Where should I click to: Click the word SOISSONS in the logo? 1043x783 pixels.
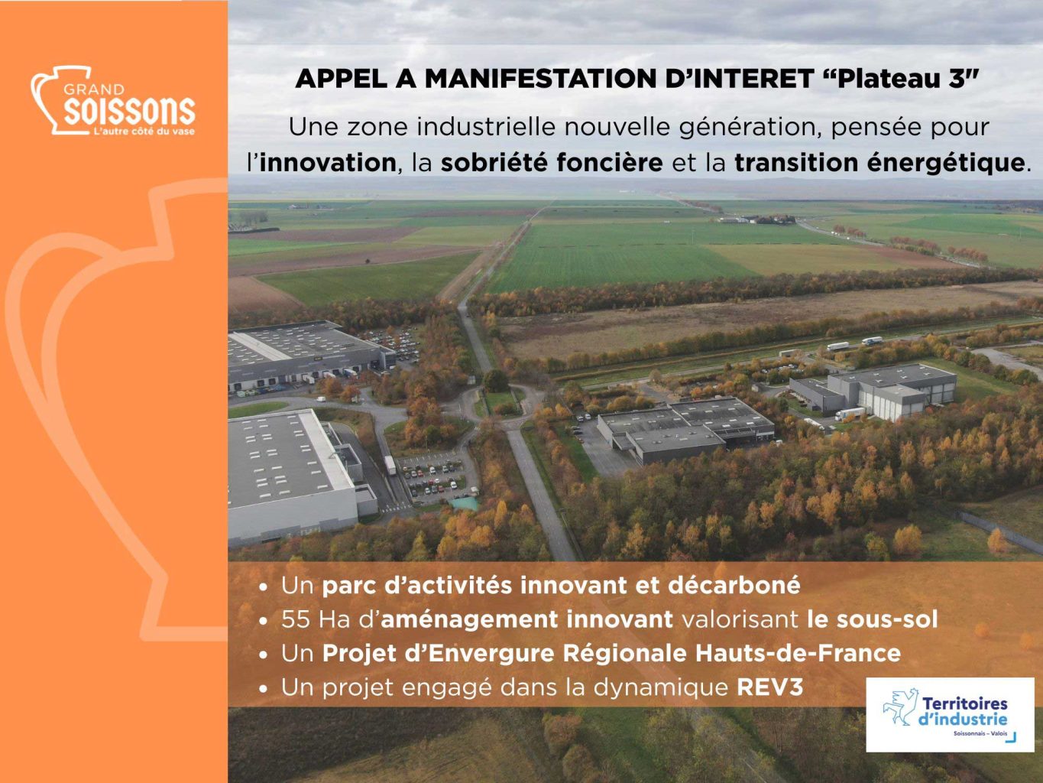(129, 111)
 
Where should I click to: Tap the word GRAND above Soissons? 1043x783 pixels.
(94, 89)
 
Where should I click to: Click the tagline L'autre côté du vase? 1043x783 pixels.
(144, 132)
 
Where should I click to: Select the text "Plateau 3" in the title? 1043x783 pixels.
(900, 79)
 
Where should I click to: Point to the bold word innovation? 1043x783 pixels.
(328, 163)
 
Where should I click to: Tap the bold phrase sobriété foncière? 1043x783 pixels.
(552, 163)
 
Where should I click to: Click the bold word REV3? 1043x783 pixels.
(769, 687)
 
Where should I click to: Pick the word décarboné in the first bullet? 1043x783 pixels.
(734, 585)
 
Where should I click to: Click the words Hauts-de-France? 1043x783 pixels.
(798, 653)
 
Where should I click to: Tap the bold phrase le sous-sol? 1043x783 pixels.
(873, 619)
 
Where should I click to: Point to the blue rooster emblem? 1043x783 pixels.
(899, 707)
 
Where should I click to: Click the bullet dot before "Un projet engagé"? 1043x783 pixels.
(264, 688)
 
